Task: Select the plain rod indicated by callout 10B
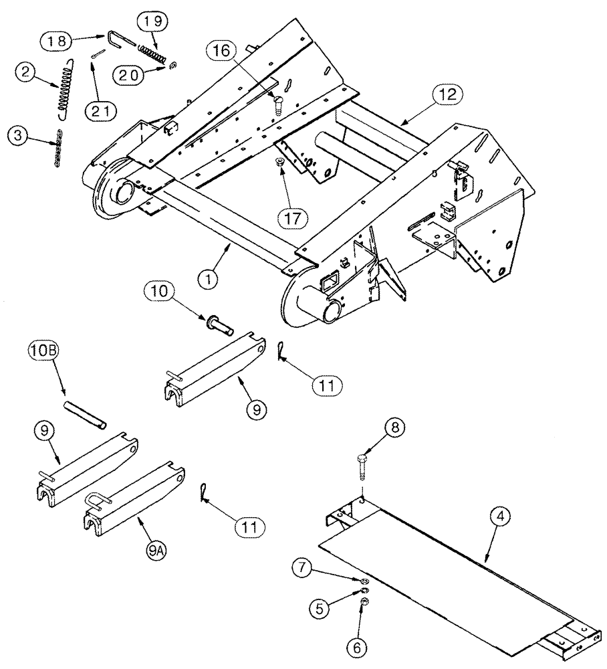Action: [x=84, y=416]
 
